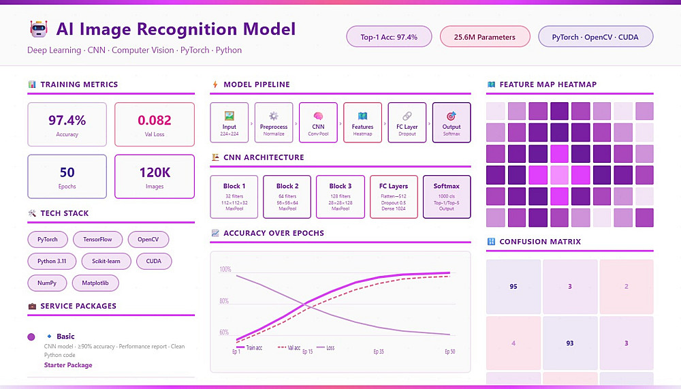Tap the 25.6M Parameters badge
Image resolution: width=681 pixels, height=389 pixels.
tap(484, 37)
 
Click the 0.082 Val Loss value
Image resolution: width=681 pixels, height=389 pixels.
tap(155, 124)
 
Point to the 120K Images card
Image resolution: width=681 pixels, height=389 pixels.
tap(155, 176)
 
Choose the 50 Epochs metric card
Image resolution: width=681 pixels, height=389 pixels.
tap(67, 176)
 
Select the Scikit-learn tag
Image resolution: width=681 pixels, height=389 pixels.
tap(101, 261)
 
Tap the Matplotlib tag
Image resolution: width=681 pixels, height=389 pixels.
tap(100, 282)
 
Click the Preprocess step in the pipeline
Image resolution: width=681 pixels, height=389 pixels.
tap(274, 122)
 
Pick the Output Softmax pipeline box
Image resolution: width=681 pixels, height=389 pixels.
tap(451, 122)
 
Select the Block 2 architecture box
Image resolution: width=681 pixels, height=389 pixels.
tap(287, 196)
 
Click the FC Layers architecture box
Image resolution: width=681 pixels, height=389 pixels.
tap(394, 196)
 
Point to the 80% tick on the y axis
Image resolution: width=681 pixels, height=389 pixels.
tap(225, 301)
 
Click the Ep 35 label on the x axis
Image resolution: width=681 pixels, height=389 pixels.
tap(379, 352)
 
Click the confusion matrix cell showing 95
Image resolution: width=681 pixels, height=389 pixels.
tap(513, 286)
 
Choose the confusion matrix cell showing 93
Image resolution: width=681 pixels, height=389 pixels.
tap(570, 343)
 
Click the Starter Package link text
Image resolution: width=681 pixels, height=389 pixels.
tap(68, 365)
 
